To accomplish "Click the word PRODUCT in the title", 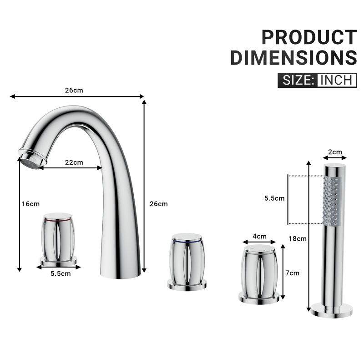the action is click(x=309, y=37).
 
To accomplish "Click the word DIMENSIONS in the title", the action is click(x=293, y=57).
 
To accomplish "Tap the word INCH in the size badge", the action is click(x=336, y=81).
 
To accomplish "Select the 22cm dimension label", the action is click(x=74, y=162).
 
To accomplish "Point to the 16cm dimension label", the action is click(x=30, y=204).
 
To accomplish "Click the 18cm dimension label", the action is click(x=298, y=238).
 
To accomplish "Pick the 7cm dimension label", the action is click(x=292, y=273).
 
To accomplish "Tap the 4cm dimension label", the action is click(x=259, y=236).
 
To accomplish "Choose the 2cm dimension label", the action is click(x=335, y=152).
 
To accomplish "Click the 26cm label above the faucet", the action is click(x=74, y=90).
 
